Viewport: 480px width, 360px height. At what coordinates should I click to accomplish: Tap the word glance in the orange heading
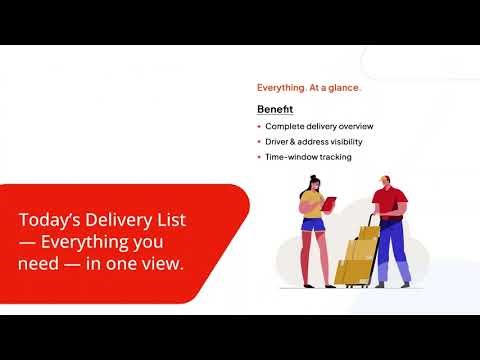344,88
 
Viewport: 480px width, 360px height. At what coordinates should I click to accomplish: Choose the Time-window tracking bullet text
308,157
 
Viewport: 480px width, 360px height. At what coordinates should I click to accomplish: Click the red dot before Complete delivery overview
259,127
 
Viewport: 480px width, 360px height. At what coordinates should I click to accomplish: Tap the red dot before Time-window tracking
259,157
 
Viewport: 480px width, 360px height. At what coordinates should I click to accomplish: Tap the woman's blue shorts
312,223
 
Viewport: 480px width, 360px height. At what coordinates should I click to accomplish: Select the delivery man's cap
386,181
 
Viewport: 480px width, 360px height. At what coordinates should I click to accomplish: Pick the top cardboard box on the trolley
368,233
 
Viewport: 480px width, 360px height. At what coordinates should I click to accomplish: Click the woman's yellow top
311,206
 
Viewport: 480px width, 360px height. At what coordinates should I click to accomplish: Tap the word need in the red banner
37,263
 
